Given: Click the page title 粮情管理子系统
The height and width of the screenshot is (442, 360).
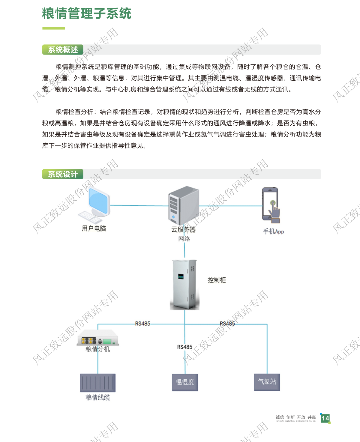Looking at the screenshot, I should (x=87, y=14).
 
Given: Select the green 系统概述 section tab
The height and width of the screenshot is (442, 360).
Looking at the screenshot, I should (x=63, y=50).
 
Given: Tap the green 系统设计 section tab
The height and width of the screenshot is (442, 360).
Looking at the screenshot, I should (x=63, y=174).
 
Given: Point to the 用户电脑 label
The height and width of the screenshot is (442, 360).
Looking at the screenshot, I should (x=94, y=228).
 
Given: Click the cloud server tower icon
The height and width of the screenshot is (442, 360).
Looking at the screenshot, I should (x=184, y=205).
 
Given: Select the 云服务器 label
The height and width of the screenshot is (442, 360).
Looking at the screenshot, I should (x=183, y=230).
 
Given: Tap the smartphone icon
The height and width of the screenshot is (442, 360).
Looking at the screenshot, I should (x=271, y=205).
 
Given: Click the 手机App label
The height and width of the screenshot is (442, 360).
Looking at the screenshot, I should (x=273, y=231).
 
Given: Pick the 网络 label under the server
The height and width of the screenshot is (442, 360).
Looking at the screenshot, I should (x=184, y=239).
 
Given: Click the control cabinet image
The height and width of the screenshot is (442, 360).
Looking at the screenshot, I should (x=184, y=284).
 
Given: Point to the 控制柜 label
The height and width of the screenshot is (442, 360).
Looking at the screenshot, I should (x=217, y=280).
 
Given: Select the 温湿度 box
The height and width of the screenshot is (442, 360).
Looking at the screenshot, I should (x=185, y=382).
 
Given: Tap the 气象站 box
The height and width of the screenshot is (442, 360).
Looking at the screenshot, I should (x=267, y=382).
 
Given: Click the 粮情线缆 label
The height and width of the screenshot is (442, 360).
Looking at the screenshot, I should (x=98, y=398).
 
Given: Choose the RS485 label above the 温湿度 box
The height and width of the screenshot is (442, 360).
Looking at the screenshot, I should (x=185, y=347).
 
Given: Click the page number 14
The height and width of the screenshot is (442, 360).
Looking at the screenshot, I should (x=325, y=418).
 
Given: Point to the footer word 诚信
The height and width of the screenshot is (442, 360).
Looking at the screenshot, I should (x=280, y=417).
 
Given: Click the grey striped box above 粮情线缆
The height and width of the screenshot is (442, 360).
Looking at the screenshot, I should (x=98, y=383).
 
